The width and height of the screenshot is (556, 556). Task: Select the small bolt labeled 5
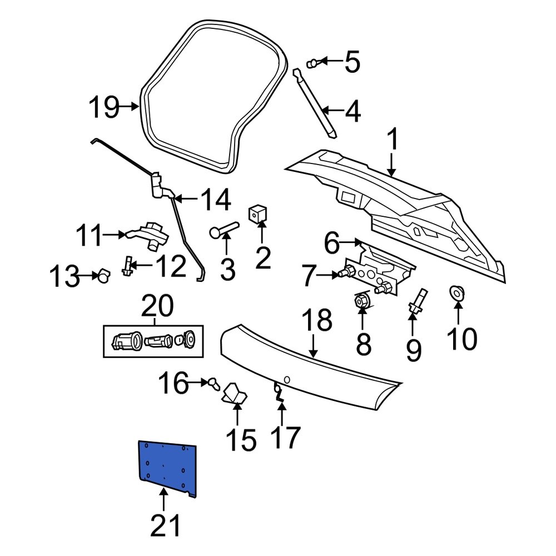314,63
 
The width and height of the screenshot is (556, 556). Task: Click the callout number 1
393,141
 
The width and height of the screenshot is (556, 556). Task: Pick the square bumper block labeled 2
257,214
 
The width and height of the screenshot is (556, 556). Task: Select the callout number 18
316,321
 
